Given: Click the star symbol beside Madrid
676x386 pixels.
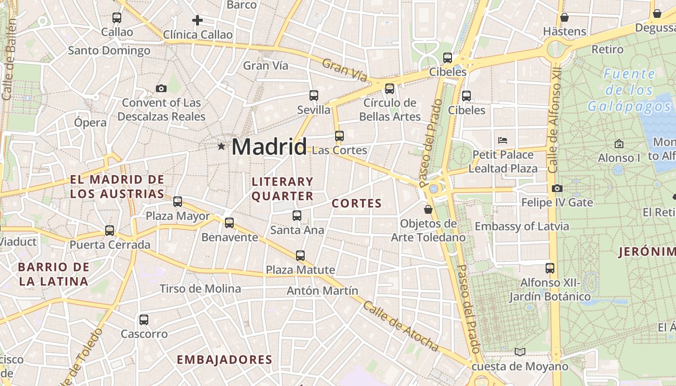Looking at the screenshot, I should (x=221, y=146).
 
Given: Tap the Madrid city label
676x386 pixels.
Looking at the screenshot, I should (x=269, y=147).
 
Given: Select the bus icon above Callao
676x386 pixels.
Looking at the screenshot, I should (x=117, y=18).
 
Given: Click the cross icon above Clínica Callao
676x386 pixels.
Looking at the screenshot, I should (x=197, y=20).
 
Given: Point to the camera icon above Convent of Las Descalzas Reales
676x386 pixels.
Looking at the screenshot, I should (x=161, y=88).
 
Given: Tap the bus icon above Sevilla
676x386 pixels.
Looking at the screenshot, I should (x=314, y=96).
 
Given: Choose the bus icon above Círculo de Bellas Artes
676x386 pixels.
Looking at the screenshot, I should (x=390, y=89).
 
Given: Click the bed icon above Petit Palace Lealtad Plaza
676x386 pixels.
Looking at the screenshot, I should (x=503, y=140).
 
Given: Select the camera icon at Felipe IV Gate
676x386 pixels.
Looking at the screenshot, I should (x=557, y=188).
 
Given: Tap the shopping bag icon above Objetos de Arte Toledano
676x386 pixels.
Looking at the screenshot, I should (x=428, y=209).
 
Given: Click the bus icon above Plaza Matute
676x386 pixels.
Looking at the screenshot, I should (x=300, y=256).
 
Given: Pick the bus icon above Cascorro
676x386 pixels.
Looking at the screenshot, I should (x=144, y=319).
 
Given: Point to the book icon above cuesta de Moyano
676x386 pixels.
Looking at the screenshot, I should (x=520, y=352).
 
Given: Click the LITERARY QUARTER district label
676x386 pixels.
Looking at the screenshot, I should (x=282, y=189).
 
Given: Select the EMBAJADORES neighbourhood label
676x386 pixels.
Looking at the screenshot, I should (x=225, y=359).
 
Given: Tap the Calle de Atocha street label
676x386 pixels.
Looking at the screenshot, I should (x=401, y=327).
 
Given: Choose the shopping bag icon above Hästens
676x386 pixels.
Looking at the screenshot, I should (x=564, y=17).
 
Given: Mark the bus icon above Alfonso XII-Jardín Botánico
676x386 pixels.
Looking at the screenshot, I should (x=550, y=268).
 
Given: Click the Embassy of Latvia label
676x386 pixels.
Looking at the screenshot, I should (x=522, y=226).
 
